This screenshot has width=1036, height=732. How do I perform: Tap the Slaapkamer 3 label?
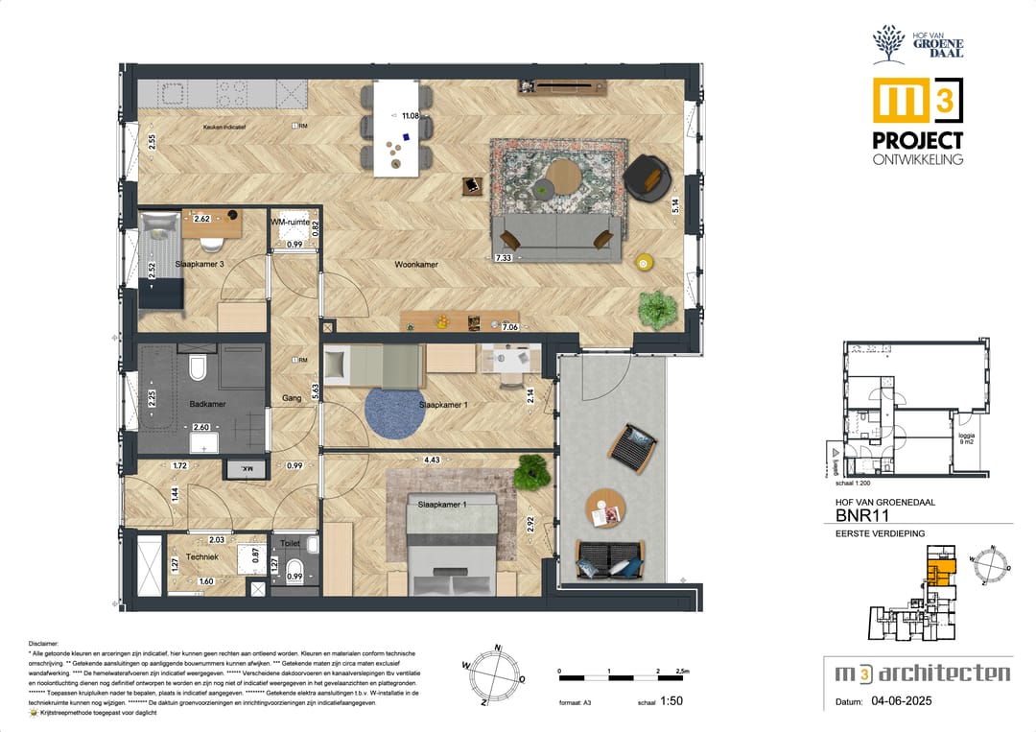click(200, 264)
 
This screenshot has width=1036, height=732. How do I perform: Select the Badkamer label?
click(207, 404)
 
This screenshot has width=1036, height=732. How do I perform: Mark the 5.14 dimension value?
click(675, 204)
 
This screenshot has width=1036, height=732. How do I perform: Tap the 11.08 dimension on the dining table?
click(412, 116)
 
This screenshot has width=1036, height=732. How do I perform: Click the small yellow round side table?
click(645, 260)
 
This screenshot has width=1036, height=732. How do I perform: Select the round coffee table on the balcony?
click(604, 508)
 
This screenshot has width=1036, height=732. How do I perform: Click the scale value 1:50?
click(672, 701)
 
